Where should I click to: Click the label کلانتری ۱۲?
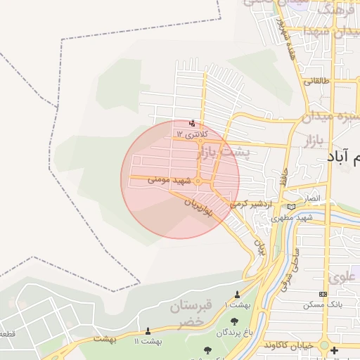[x=189, y=134]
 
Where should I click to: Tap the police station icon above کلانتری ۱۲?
[x=193, y=122]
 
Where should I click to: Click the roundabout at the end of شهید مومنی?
[x=199, y=182]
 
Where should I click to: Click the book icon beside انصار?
[x=292, y=206]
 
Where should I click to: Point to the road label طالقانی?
[x=314, y=82]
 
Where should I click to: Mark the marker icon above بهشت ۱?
[x=237, y=294]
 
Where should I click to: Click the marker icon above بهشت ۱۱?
[x=148, y=330]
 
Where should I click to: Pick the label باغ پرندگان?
[x=233, y=331]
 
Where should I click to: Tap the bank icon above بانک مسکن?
[x=323, y=294]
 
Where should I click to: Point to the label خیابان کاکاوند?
[x=290, y=346]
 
